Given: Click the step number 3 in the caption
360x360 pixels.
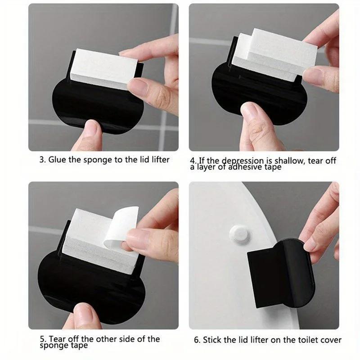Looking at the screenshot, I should point(42,160).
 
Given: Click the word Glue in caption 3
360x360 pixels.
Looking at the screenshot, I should point(57,160).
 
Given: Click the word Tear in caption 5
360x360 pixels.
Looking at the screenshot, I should point(56,339).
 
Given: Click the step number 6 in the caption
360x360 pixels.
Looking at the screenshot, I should point(197,340).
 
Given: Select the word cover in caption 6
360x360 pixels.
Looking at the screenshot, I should point(330,340).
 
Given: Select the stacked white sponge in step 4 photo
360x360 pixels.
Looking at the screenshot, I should point(277,56).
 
